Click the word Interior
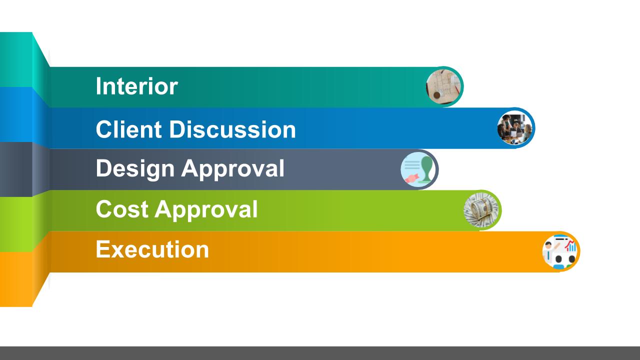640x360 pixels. [137, 86]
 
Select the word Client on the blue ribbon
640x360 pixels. [129, 129]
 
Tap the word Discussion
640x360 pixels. [232, 129]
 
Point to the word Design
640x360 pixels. [135, 169]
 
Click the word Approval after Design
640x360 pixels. [233, 169]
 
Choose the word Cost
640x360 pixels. [122, 209]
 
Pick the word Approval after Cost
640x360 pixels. [206, 210]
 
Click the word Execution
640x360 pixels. [152, 249]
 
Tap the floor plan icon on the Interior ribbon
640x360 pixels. [443, 86]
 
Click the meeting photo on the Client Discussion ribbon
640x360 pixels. [515, 128]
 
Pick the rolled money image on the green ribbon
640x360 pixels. [481, 210]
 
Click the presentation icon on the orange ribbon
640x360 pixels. [560, 251]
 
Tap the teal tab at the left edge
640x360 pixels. [16, 59]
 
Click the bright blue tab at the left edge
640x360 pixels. [16, 114]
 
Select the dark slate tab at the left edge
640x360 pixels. [16, 169]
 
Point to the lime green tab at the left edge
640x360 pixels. [16, 224]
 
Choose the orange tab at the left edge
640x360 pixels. [16, 279]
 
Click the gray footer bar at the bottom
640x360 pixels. [320, 353]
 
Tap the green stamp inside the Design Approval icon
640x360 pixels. [426, 169]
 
